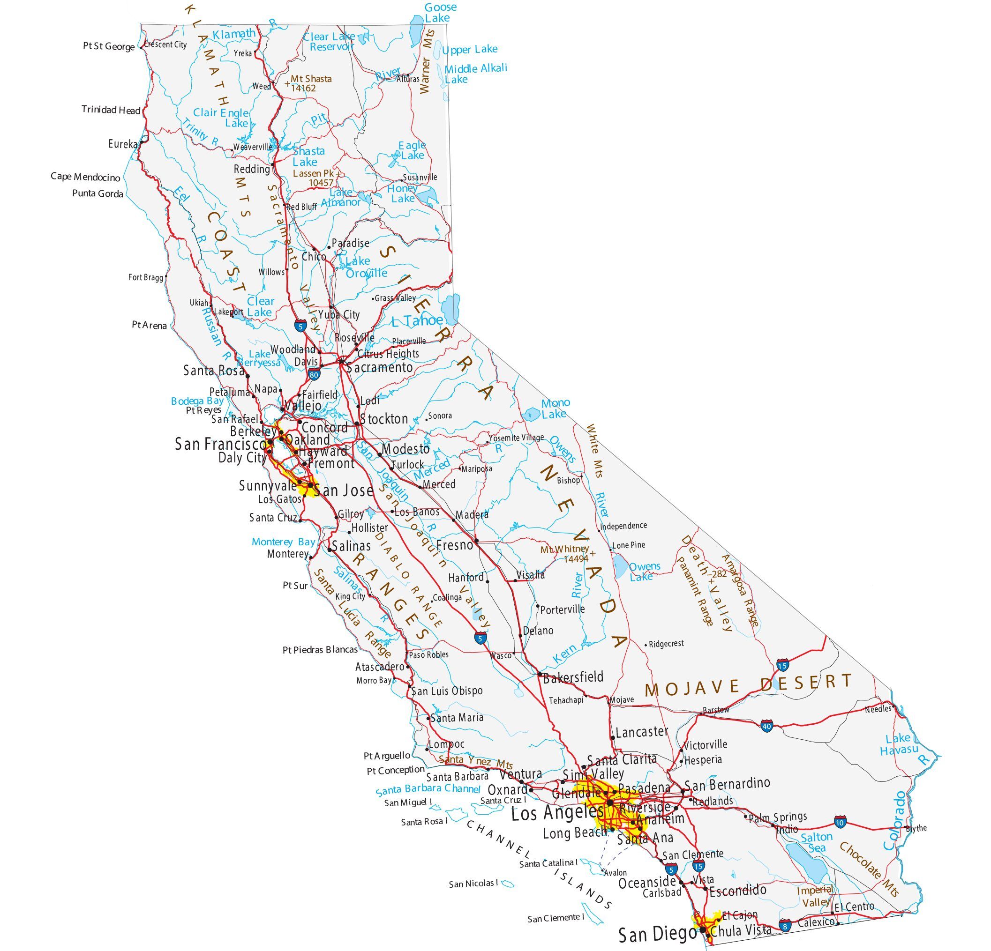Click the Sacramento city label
pos(380,367)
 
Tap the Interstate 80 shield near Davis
pos(314,375)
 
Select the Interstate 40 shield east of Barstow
pos(766,727)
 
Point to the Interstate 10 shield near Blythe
pos(841,823)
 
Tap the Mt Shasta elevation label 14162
pos(303,89)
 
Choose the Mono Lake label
pos(555,409)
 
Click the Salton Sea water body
pos(806,861)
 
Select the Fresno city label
pos(454,545)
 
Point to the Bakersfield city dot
pos(540,674)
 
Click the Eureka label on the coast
pos(122,144)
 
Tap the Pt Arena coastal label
pos(149,326)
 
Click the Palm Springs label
pos(778,817)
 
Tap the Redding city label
pos(251,169)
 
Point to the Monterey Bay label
pos(283,542)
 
